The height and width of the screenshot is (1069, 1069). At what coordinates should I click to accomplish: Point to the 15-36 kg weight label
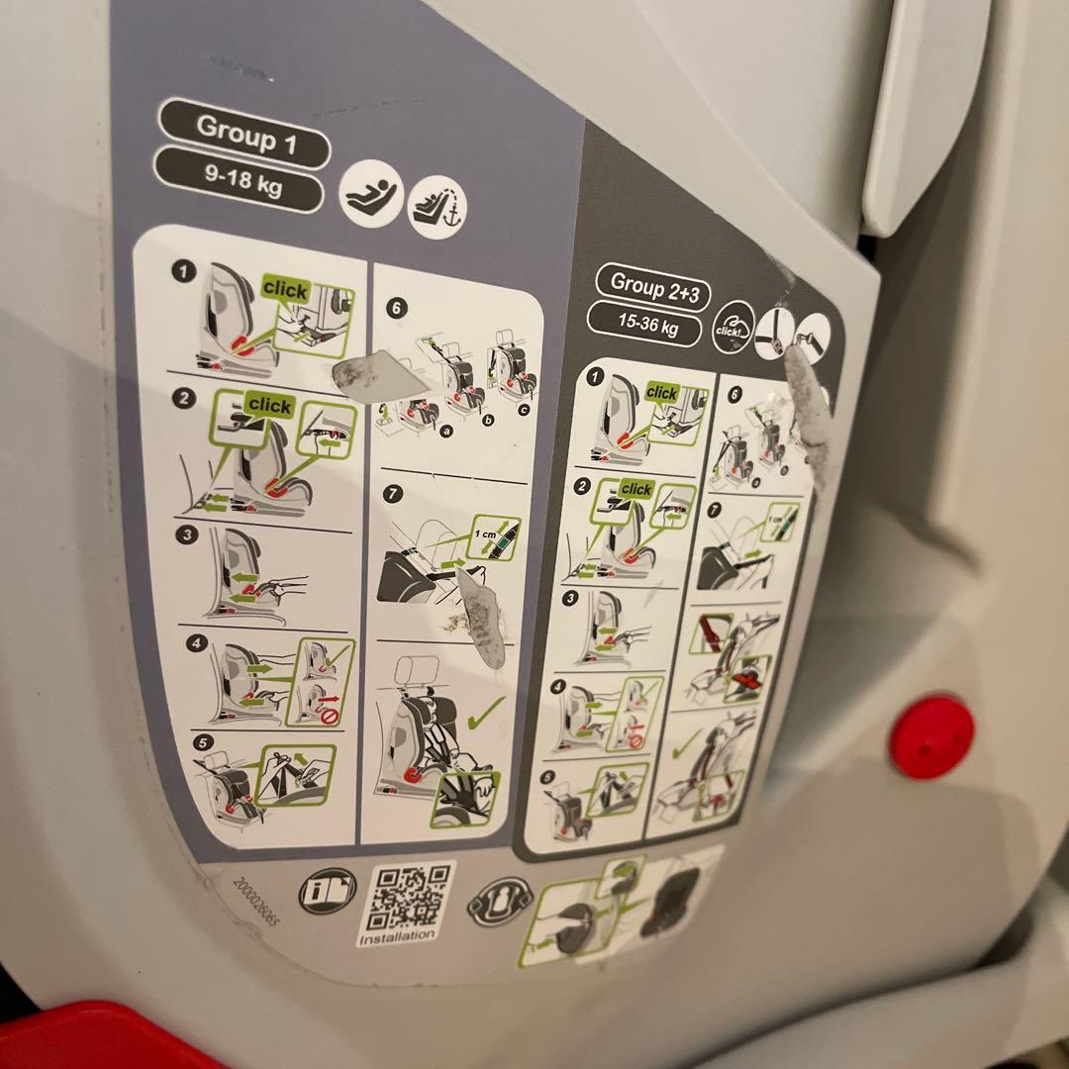[x=648, y=324]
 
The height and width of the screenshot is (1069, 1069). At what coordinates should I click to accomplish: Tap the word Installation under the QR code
[x=397, y=935]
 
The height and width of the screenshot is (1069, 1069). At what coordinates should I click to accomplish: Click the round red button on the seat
[x=930, y=735]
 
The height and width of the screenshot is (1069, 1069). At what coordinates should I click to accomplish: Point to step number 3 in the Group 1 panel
[x=184, y=535]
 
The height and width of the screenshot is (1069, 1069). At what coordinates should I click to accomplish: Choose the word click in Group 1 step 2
[x=269, y=406]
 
